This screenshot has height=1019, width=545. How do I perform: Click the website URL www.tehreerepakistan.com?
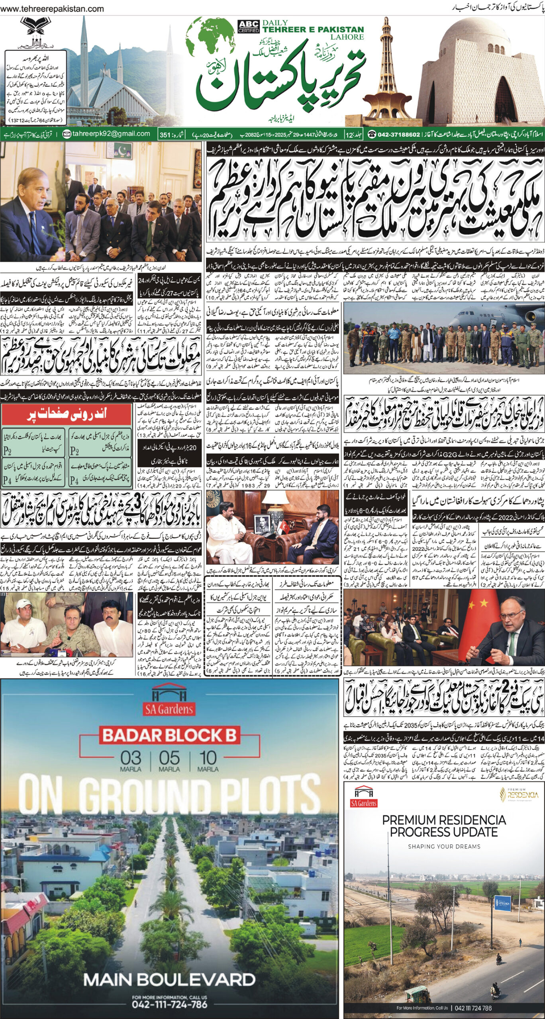pyautogui.click(x=55, y=9)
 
